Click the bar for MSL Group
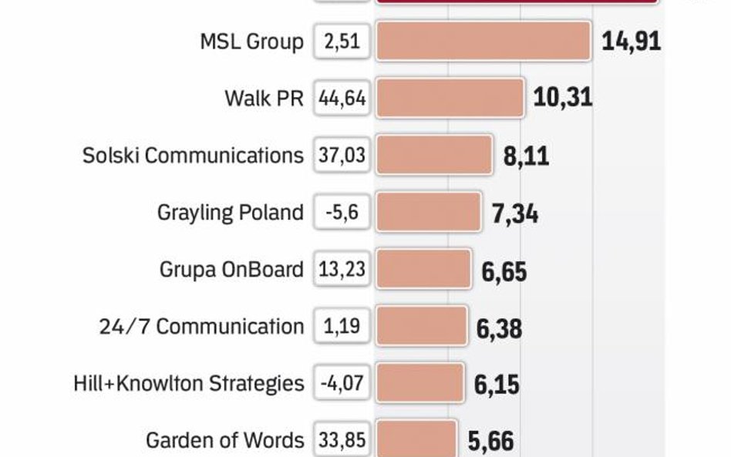(x=483, y=41)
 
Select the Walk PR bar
(x=450, y=98)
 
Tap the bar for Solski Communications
(x=434, y=155)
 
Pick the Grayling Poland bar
(x=428, y=212)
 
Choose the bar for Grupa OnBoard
(x=423, y=269)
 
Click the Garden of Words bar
(x=416, y=439)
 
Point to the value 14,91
(x=631, y=41)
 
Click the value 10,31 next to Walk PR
(x=563, y=98)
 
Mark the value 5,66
(x=490, y=442)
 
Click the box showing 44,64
(x=342, y=98)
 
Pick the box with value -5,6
(x=342, y=212)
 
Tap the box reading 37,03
(x=342, y=155)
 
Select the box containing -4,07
(x=342, y=383)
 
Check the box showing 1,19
(x=342, y=326)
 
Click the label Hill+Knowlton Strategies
(x=189, y=383)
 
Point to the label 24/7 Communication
(x=201, y=326)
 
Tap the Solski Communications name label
(x=193, y=155)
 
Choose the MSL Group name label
(x=251, y=41)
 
